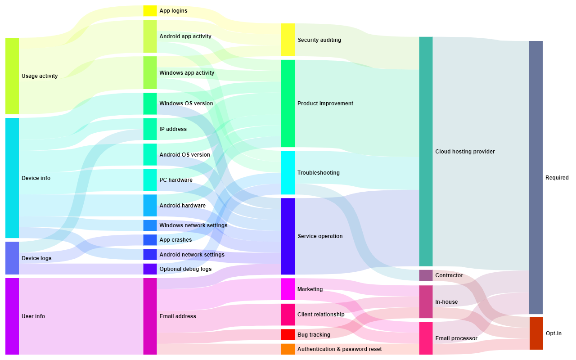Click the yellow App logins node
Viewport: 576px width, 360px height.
tap(150, 11)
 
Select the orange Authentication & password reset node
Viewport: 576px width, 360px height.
tap(288, 349)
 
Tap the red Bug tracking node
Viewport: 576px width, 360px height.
tap(288, 334)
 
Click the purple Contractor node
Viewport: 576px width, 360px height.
tap(426, 275)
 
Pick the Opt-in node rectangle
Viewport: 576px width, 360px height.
tap(536, 333)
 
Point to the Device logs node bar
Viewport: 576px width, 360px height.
tap(12, 258)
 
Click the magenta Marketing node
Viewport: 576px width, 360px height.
tap(288, 289)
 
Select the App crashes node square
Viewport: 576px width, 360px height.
tap(150, 240)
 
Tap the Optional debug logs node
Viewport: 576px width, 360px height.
tap(150, 269)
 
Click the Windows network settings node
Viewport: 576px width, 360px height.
tap(150, 225)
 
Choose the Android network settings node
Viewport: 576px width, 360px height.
tap(150, 255)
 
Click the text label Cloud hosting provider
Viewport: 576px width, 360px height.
tap(465, 152)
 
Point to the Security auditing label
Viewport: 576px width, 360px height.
tap(319, 40)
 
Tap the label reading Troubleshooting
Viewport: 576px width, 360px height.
tap(318, 173)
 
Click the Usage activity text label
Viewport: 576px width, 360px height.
tap(40, 76)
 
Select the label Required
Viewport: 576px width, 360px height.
tap(557, 178)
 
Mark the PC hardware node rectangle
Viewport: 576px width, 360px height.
tap(150, 180)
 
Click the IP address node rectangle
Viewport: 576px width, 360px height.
tap(150, 129)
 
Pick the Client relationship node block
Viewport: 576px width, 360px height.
tap(288, 315)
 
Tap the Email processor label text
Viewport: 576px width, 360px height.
tap(456, 338)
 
